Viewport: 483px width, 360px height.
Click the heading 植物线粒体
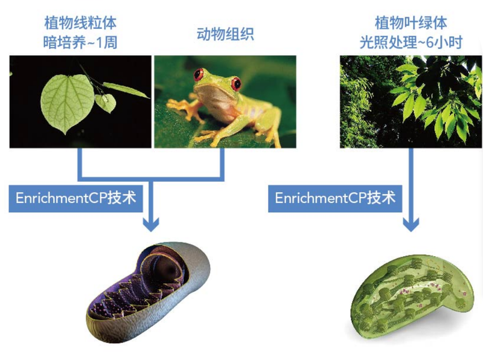[80, 23]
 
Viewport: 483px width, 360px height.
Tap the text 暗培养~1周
[80, 42]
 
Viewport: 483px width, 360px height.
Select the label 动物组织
[225, 34]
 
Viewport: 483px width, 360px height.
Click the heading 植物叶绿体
[411, 23]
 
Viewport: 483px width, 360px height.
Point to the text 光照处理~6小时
[411, 42]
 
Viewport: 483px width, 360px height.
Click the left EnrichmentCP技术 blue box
[76, 199]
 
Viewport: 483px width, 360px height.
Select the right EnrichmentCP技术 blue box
[335, 199]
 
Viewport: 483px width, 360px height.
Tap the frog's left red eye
[199, 74]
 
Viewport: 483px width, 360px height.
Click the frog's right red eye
[236, 83]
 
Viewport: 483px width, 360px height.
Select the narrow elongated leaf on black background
[126, 89]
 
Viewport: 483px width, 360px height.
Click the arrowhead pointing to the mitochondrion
[151, 224]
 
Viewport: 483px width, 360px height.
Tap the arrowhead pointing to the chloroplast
[411, 224]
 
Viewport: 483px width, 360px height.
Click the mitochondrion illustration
[148, 291]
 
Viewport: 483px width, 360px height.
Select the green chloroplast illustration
[412, 297]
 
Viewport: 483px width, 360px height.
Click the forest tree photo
[411, 101]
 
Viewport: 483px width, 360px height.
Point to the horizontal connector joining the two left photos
[151, 179]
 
